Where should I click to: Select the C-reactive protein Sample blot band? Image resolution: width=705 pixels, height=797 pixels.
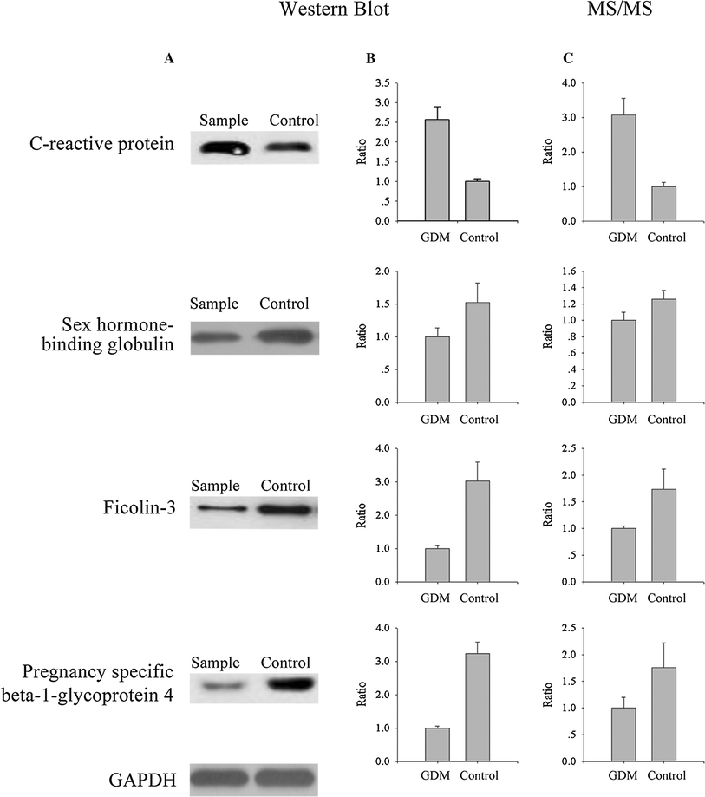coord(224,149)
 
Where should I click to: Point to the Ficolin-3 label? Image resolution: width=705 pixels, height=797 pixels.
coord(143,508)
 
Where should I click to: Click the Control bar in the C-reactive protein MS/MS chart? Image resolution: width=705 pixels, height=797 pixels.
coord(663,204)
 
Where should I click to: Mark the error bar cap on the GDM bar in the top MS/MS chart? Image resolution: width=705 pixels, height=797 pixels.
coord(623,98)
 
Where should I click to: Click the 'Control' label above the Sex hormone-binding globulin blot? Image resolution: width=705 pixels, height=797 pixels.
coord(284,304)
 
